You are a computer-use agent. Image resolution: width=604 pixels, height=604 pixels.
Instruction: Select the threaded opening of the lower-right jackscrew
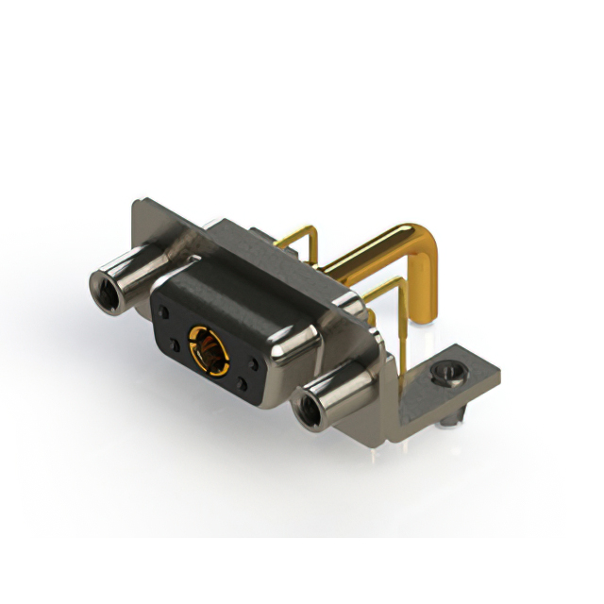click(x=307, y=411)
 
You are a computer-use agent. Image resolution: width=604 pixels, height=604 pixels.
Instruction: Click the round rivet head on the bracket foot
click(x=445, y=377)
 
